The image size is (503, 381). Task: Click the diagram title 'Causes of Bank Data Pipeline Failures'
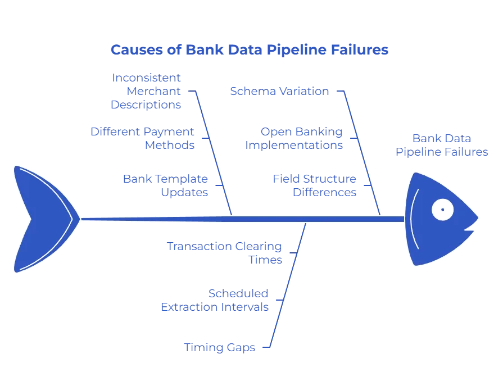[x=250, y=50]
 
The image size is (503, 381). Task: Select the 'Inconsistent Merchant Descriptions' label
[x=147, y=91]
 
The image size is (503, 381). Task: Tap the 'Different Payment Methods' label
[x=143, y=138]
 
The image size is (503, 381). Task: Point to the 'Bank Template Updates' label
[x=166, y=185]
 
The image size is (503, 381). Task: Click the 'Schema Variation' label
[x=279, y=92]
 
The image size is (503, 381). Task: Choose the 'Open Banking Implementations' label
[x=294, y=138]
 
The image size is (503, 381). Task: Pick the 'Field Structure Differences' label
[x=315, y=185]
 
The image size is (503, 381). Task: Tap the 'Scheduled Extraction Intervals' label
[x=215, y=301]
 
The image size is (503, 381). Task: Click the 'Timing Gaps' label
[x=220, y=348]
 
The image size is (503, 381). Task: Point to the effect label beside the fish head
[x=442, y=145]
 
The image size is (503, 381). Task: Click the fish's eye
[x=443, y=210]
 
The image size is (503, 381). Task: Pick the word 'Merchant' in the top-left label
[x=153, y=91]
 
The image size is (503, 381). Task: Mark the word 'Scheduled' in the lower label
[x=238, y=293]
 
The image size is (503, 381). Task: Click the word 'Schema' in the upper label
[x=253, y=92]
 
